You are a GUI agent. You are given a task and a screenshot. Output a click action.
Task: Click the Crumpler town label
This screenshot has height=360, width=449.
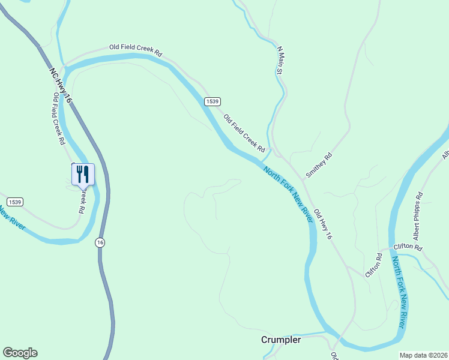pos(281,340)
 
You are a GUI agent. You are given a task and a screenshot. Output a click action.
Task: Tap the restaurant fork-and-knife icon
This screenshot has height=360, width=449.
pos(83,175)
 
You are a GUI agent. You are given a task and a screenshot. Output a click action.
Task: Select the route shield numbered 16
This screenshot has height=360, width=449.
pos(100,242)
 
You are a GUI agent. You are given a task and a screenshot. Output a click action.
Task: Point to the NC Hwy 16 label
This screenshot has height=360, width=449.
pos(60,84)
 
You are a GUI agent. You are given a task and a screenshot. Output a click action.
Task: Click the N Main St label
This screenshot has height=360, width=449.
pos(279,60)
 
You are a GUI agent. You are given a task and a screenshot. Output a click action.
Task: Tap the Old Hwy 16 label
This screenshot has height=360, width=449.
pos(323,224)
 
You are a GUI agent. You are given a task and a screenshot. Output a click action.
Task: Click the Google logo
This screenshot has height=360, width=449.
pos(20,353)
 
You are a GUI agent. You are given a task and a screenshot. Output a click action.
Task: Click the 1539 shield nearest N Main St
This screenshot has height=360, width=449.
pos(211,101)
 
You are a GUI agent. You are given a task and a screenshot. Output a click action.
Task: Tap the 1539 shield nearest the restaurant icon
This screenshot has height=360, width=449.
pos(15,202)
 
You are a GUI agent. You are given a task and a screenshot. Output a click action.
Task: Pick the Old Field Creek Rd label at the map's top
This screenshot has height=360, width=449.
pos(136,49)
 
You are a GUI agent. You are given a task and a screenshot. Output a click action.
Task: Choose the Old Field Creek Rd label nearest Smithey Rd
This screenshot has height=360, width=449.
pos(244,133)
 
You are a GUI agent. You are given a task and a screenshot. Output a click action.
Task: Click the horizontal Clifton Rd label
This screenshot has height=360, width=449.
pos(408,247)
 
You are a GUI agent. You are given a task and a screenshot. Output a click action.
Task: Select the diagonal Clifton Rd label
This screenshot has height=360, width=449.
pos(373,265)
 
